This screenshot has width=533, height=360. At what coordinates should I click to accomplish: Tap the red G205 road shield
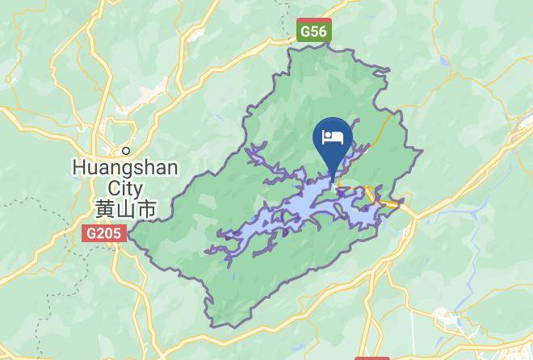coord(103,233)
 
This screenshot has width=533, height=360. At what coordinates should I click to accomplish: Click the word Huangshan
coord(125,169)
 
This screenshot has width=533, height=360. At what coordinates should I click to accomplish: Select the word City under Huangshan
coord(125,187)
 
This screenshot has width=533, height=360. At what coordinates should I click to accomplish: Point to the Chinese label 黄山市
coord(125,208)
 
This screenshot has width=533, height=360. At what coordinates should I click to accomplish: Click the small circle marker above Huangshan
coord(126,151)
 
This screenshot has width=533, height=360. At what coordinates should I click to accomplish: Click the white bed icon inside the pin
coord(333,136)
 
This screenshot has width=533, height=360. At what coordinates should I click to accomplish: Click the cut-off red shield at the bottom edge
coord(371,357)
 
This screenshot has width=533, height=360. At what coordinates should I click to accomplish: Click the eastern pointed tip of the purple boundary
coord(422,152)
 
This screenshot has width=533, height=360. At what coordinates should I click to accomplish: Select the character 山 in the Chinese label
coord(125,208)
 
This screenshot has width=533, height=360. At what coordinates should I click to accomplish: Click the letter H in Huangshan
coord(78,169)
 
